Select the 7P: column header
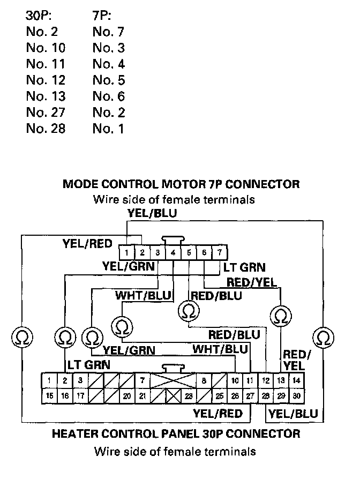click(x=103, y=16)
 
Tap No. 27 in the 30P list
click(x=46, y=113)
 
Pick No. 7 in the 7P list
click(x=108, y=32)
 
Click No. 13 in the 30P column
click(x=46, y=96)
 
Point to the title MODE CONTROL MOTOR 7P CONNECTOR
click(x=181, y=184)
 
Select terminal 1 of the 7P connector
click(x=127, y=251)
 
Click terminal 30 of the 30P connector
click(x=297, y=396)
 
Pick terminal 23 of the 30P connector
click(x=189, y=396)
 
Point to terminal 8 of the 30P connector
click(x=204, y=381)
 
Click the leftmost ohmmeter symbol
click(x=21, y=337)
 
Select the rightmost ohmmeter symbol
click(x=322, y=337)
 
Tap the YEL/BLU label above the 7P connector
click(x=152, y=213)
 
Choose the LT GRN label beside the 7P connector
click(x=244, y=267)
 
